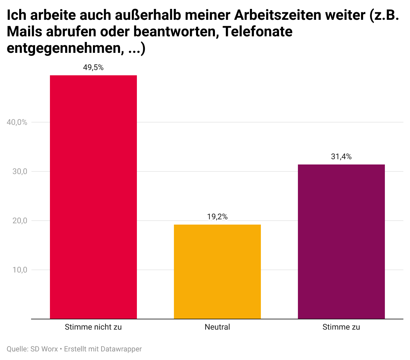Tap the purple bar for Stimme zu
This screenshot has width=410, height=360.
(341, 241)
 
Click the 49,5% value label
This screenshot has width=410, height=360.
(93, 68)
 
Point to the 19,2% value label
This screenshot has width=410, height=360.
(217, 217)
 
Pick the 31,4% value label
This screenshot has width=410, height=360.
(341, 157)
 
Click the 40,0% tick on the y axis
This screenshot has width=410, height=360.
(17, 122)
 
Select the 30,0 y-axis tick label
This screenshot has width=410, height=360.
(20, 171)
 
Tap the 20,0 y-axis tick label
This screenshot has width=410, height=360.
(20, 221)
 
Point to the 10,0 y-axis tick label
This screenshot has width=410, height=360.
(20, 270)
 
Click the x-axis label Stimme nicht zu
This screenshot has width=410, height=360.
(93, 327)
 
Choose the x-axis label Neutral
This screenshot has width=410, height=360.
(217, 327)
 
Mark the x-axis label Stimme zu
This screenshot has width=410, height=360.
(341, 327)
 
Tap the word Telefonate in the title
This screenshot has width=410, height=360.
(258, 32)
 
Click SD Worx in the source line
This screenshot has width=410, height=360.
(44, 349)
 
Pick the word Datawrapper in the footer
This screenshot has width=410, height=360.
(121, 349)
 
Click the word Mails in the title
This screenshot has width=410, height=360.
(24, 32)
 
